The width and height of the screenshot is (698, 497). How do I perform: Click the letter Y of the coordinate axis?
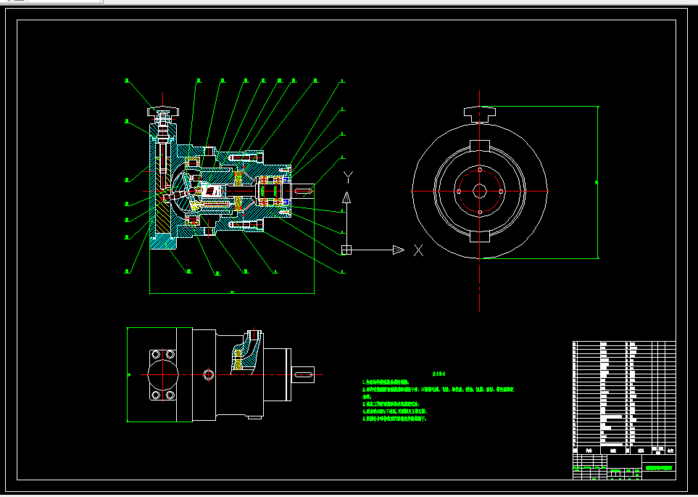(348, 176)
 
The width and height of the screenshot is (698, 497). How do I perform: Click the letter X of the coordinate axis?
(418, 250)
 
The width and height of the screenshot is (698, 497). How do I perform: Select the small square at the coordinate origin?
(346, 250)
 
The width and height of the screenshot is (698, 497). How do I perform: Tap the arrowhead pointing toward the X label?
(397, 250)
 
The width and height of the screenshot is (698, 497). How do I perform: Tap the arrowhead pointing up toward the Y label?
(347, 197)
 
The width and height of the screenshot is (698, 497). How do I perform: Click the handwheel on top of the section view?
(161, 112)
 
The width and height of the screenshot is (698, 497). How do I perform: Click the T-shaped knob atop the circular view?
(479, 112)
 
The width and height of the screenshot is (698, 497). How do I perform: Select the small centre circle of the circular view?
(479, 191)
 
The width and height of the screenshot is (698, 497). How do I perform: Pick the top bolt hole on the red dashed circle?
(479, 170)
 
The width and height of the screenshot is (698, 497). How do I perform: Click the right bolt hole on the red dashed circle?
(500, 191)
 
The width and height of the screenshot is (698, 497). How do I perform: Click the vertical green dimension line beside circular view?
(598, 181)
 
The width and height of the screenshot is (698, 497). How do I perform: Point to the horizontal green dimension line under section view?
(232, 293)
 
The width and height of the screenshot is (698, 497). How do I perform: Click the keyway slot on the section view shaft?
(304, 189)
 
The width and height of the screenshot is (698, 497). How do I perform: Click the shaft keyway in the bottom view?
(304, 373)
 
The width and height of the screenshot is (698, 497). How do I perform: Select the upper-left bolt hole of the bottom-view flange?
(155, 355)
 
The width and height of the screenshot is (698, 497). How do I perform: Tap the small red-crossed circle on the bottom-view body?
(209, 374)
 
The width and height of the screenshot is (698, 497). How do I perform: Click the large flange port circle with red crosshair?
(163, 374)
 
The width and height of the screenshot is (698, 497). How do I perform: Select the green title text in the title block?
(659, 468)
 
